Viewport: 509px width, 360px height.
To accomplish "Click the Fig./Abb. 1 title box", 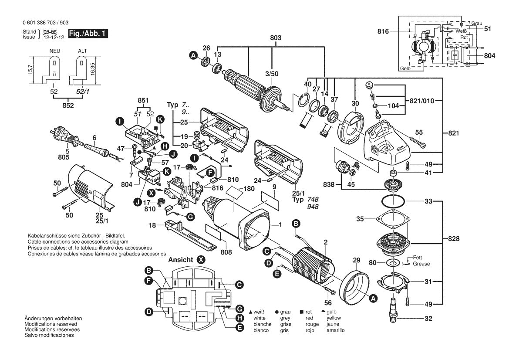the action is click(x=88, y=34).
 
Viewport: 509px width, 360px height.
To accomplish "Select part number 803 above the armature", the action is click(x=276, y=37).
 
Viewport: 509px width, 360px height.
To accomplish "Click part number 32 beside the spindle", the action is click(x=428, y=319).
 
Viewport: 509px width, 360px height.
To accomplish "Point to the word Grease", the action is click(x=421, y=264).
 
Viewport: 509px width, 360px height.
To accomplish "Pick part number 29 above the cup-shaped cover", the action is click(x=357, y=260).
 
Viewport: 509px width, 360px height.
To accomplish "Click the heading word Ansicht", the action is click(x=181, y=260).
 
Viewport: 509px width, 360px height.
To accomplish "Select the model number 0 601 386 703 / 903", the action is click(x=46, y=23).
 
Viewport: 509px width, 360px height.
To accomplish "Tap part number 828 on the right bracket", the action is click(x=454, y=239).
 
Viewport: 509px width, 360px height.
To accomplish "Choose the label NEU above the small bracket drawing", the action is click(x=54, y=51).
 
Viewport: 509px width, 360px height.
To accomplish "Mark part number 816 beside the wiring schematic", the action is click(x=383, y=31).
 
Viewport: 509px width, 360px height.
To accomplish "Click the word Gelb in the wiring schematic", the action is click(x=405, y=68).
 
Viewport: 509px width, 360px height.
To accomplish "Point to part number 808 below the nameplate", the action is click(x=226, y=252).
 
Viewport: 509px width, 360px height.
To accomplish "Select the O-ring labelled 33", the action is click(x=392, y=201).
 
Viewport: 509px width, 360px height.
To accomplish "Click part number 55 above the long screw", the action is click(x=419, y=132).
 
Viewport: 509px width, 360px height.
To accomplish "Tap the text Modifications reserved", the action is click(x=51, y=324).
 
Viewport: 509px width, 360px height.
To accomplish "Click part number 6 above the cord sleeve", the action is click(x=94, y=138).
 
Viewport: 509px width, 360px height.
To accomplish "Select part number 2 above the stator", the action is click(x=326, y=242).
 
